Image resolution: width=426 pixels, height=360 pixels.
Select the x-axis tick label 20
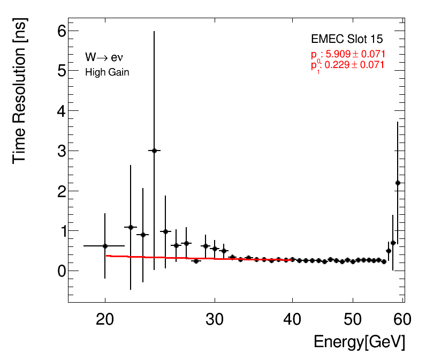(105, 320)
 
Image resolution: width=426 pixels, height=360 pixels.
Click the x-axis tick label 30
(215, 320)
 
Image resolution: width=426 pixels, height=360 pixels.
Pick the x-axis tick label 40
(292, 320)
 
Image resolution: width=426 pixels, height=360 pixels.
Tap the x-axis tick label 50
(353, 320)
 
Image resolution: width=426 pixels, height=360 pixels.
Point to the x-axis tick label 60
(402, 320)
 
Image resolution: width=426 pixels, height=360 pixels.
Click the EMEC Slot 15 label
(347, 40)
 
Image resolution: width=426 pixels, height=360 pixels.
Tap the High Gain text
(107, 72)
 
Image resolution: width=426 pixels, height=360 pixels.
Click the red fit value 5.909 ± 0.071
(353, 54)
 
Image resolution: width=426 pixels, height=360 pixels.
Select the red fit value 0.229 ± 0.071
(353, 65)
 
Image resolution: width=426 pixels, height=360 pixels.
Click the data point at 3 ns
(154, 151)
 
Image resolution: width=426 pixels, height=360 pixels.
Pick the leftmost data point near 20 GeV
(105, 246)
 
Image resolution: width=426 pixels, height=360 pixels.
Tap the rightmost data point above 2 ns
(398, 183)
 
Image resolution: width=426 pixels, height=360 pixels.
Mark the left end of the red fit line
(107, 256)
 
